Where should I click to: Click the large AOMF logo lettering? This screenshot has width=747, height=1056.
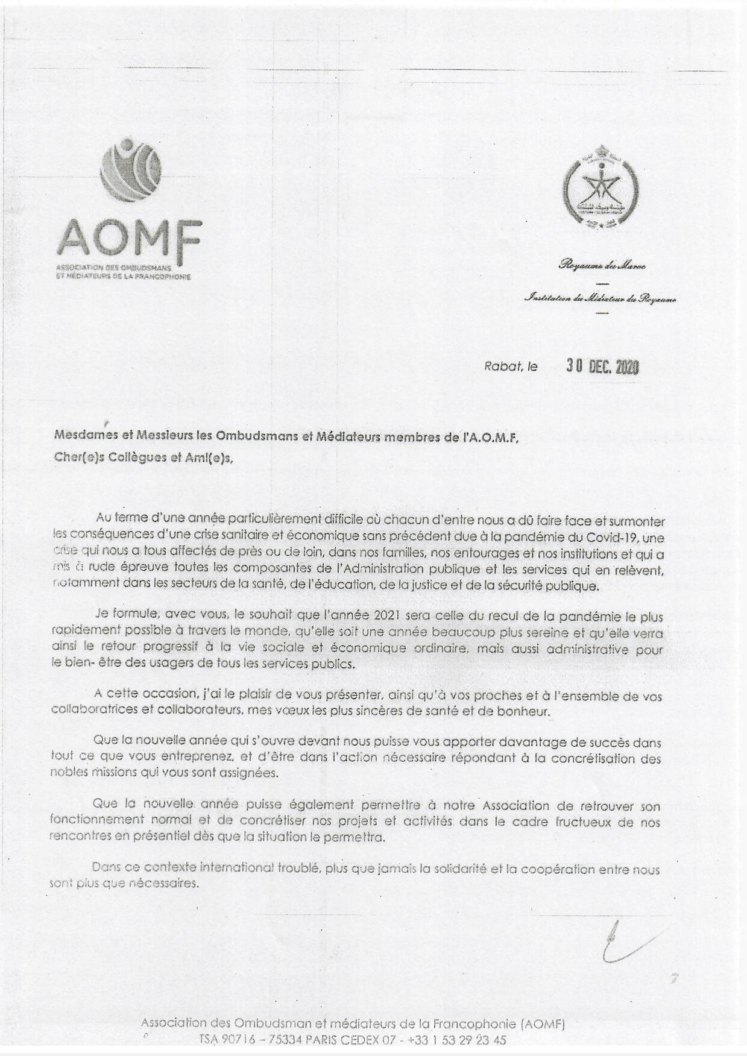128,237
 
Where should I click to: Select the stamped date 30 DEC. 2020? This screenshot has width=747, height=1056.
602,366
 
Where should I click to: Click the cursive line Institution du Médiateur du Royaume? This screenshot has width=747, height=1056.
601,297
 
